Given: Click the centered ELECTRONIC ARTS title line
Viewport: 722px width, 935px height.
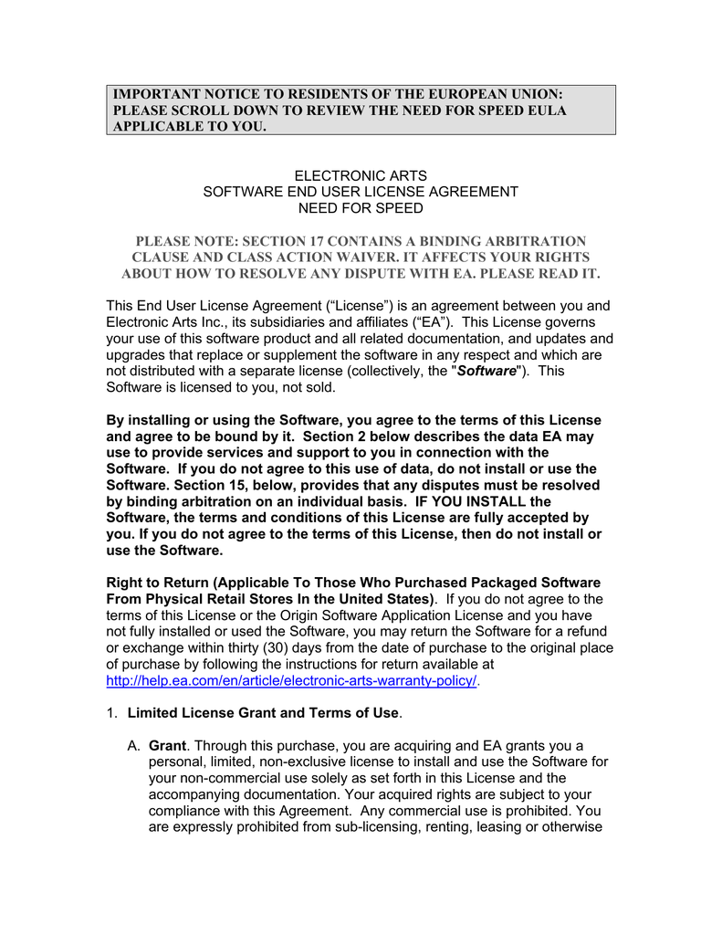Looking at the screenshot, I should (x=360, y=175).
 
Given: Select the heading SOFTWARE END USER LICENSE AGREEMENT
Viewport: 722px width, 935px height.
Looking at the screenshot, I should (x=360, y=192).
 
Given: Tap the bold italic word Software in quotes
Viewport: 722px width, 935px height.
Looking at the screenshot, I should (x=487, y=371).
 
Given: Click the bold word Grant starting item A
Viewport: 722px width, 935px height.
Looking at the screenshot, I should (x=167, y=745).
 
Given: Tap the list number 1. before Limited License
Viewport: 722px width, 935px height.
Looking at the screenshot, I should (x=113, y=712).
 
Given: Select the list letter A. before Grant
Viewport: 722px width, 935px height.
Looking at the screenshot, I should (x=134, y=745).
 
